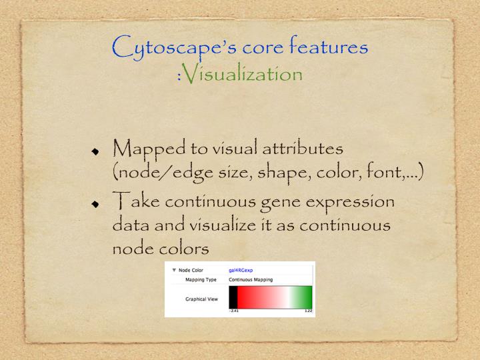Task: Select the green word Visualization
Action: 243,73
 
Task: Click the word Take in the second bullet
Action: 136,201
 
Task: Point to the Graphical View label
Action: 201,299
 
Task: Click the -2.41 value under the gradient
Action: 233,311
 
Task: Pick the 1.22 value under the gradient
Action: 308,311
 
